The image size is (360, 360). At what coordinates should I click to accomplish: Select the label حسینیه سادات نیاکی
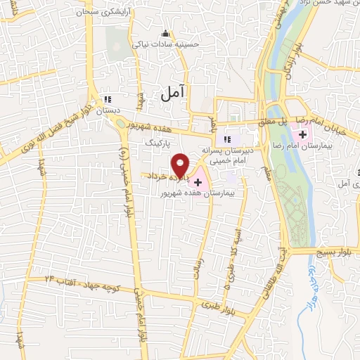168,44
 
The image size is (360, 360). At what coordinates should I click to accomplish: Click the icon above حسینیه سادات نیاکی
165,33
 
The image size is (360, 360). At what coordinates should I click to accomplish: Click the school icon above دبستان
107,100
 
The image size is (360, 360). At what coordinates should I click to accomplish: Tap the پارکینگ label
158,141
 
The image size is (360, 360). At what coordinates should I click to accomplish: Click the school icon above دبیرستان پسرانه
226,138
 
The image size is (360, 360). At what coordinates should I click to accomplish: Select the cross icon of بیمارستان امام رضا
303,134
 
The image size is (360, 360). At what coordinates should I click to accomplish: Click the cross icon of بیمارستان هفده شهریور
198,182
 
